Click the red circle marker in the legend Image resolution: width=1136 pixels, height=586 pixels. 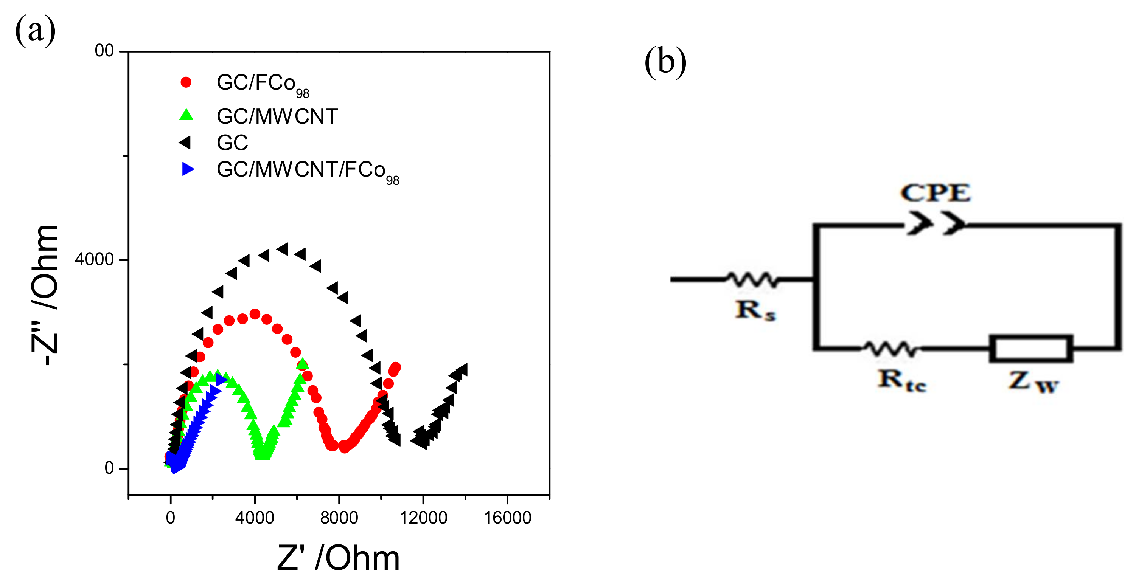[186, 82]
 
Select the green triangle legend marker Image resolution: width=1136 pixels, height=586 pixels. [186, 115]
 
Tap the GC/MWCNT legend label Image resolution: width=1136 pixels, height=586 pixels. [277, 116]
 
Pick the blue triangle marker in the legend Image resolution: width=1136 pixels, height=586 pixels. [188, 169]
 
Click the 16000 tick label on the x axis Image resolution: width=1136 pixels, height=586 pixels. [507, 517]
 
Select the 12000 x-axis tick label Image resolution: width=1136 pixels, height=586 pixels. [423, 517]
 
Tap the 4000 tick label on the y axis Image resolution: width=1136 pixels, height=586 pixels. [94, 259]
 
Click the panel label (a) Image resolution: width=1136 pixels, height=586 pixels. [35, 30]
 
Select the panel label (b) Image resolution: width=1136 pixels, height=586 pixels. [665, 62]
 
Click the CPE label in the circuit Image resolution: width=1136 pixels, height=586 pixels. [935, 193]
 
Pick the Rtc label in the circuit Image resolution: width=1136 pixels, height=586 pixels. [902, 380]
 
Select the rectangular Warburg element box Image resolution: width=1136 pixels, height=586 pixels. [1030, 349]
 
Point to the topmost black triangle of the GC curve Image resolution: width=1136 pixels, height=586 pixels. [283, 250]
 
